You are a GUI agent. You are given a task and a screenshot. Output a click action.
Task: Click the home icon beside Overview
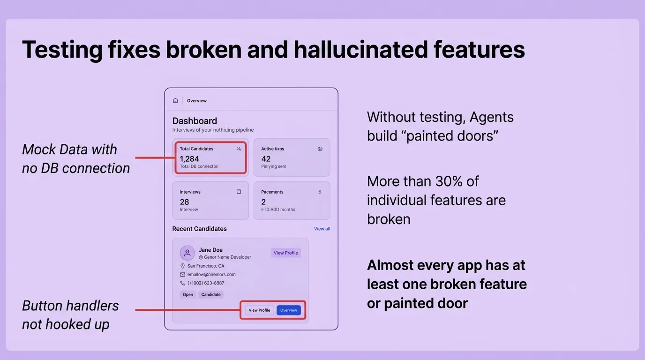pyautogui.click(x=175, y=100)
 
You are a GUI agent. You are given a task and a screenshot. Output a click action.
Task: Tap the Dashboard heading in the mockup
pyautogui.click(x=195, y=121)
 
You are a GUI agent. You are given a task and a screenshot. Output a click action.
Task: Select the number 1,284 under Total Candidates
pyautogui.click(x=189, y=159)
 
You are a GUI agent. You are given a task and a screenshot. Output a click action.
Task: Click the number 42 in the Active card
pyautogui.click(x=266, y=159)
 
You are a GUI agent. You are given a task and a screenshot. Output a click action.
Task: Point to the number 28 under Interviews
pyautogui.click(x=184, y=202)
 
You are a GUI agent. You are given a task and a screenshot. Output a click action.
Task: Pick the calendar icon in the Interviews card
pyautogui.click(x=239, y=192)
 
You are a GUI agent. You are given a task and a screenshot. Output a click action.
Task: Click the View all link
pyautogui.click(x=322, y=229)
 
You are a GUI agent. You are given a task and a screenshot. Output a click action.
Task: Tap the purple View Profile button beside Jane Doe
pyautogui.click(x=285, y=253)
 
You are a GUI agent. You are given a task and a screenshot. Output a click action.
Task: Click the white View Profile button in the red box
pyautogui.click(x=259, y=310)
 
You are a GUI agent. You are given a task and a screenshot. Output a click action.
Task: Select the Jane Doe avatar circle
pyautogui.click(x=187, y=253)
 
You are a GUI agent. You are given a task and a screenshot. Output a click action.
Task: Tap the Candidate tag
pyautogui.click(x=211, y=295)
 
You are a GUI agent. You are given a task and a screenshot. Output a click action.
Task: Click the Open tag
pyautogui.click(x=188, y=295)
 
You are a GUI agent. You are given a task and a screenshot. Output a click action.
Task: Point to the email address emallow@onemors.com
pyautogui.click(x=211, y=275)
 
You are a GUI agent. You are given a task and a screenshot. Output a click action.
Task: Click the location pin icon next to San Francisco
pyautogui.click(x=182, y=266)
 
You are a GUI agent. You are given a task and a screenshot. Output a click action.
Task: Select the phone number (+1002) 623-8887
pyautogui.click(x=206, y=283)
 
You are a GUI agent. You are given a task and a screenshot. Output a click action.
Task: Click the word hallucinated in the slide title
pyautogui.click(x=361, y=50)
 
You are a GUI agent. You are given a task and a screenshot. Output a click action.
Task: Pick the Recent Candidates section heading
pyautogui.click(x=199, y=229)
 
